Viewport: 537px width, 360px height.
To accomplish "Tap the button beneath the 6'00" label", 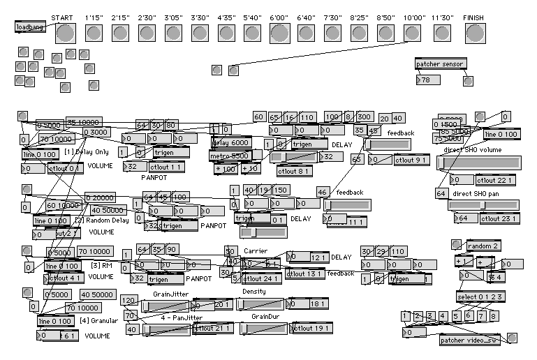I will [279, 33].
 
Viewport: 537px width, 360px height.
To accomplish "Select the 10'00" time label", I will [415, 17].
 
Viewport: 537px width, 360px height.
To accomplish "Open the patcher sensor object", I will [440, 64].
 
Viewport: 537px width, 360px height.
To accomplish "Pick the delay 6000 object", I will [230, 142].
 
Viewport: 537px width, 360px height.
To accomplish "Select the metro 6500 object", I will [230, 155].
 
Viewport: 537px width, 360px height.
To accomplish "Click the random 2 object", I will [484, 246].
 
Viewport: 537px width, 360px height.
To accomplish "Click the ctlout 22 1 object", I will [499, 180].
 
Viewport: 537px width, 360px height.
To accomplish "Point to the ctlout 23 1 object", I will [499, 218].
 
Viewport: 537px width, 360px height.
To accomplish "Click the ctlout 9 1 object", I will [412, 160].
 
